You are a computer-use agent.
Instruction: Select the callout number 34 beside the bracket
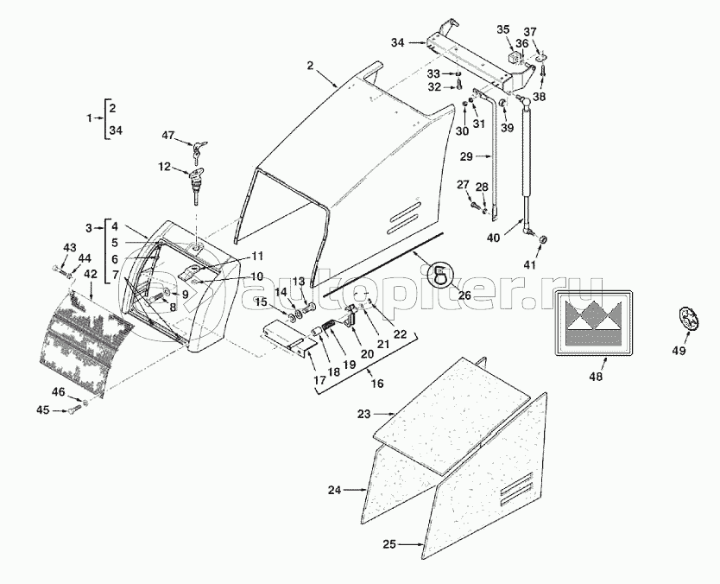[398, 42]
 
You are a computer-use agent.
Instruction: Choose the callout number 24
[334, 490]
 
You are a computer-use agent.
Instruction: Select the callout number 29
[466, 156]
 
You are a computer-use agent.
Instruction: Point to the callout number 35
[502, 29]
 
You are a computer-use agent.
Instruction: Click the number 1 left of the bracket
[87, 116]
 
